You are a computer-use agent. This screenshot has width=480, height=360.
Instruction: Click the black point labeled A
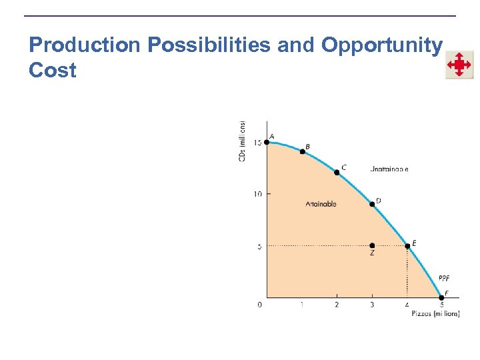(x=267, y=142)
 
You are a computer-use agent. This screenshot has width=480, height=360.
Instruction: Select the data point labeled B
(x=302, y=152)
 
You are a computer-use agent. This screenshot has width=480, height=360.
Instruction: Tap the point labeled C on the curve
(x=337, y=172)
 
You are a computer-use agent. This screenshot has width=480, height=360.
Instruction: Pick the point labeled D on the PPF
(x=372, y=204)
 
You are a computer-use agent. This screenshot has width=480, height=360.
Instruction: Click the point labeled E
(x=407, y=246)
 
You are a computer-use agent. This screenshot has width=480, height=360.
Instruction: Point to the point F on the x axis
(x=441, y=298)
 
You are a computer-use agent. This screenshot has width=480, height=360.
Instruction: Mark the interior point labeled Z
(x=372, y=246)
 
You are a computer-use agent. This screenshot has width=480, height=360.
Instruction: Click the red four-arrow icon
(x=459, y=65)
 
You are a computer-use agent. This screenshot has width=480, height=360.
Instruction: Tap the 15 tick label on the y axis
(x=257, y=142)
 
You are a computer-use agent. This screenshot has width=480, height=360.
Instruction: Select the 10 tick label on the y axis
(x=257, y=194)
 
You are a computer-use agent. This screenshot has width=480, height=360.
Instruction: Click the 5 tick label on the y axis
(x=259, y=246)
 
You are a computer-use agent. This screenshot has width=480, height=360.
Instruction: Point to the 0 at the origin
(x=260, y=305)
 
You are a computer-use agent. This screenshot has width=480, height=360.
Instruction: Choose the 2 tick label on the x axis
(x=337, y=305)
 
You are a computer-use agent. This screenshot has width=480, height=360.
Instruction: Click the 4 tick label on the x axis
(x=407, y=305)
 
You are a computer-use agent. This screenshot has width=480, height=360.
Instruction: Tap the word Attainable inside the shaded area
(x=321, y=204)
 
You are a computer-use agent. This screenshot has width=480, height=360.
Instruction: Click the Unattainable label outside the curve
(x=389, y=169)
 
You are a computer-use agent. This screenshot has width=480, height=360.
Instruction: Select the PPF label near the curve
(x=444, y=278)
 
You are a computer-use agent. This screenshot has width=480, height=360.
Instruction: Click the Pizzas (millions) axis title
(x=435, y=314)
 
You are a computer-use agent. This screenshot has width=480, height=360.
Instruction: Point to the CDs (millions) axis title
(x=243, y=140)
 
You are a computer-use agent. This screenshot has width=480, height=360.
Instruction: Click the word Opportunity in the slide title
(x=381, y=45)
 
